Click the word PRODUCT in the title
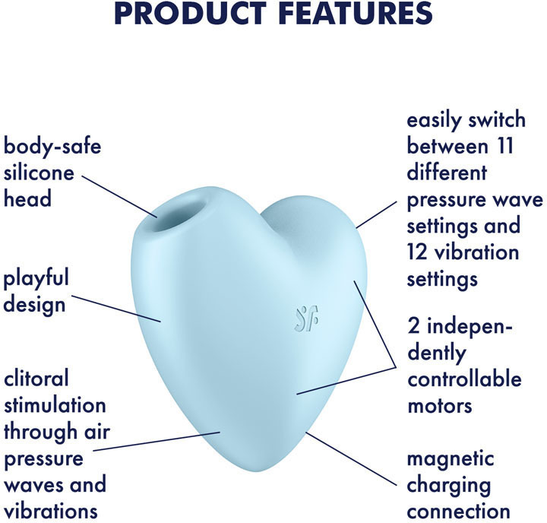(x=190, y=13)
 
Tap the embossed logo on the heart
(x=306, y=319)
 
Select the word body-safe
(x=52, y=146)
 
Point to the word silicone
(x=39, y=173)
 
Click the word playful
(x=36, y=279)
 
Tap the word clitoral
(x=36, y=379)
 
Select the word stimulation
(x=55, y=405)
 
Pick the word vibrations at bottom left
(x=51, y=511)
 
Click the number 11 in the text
(x=505, y=146)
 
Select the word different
(x=447, y=173)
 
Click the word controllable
(x=464, y=379)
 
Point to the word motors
(x=440, y=406)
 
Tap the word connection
(x=459, y=512)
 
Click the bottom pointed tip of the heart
(x=257, y=471)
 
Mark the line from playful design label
(x=116, y=309)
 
